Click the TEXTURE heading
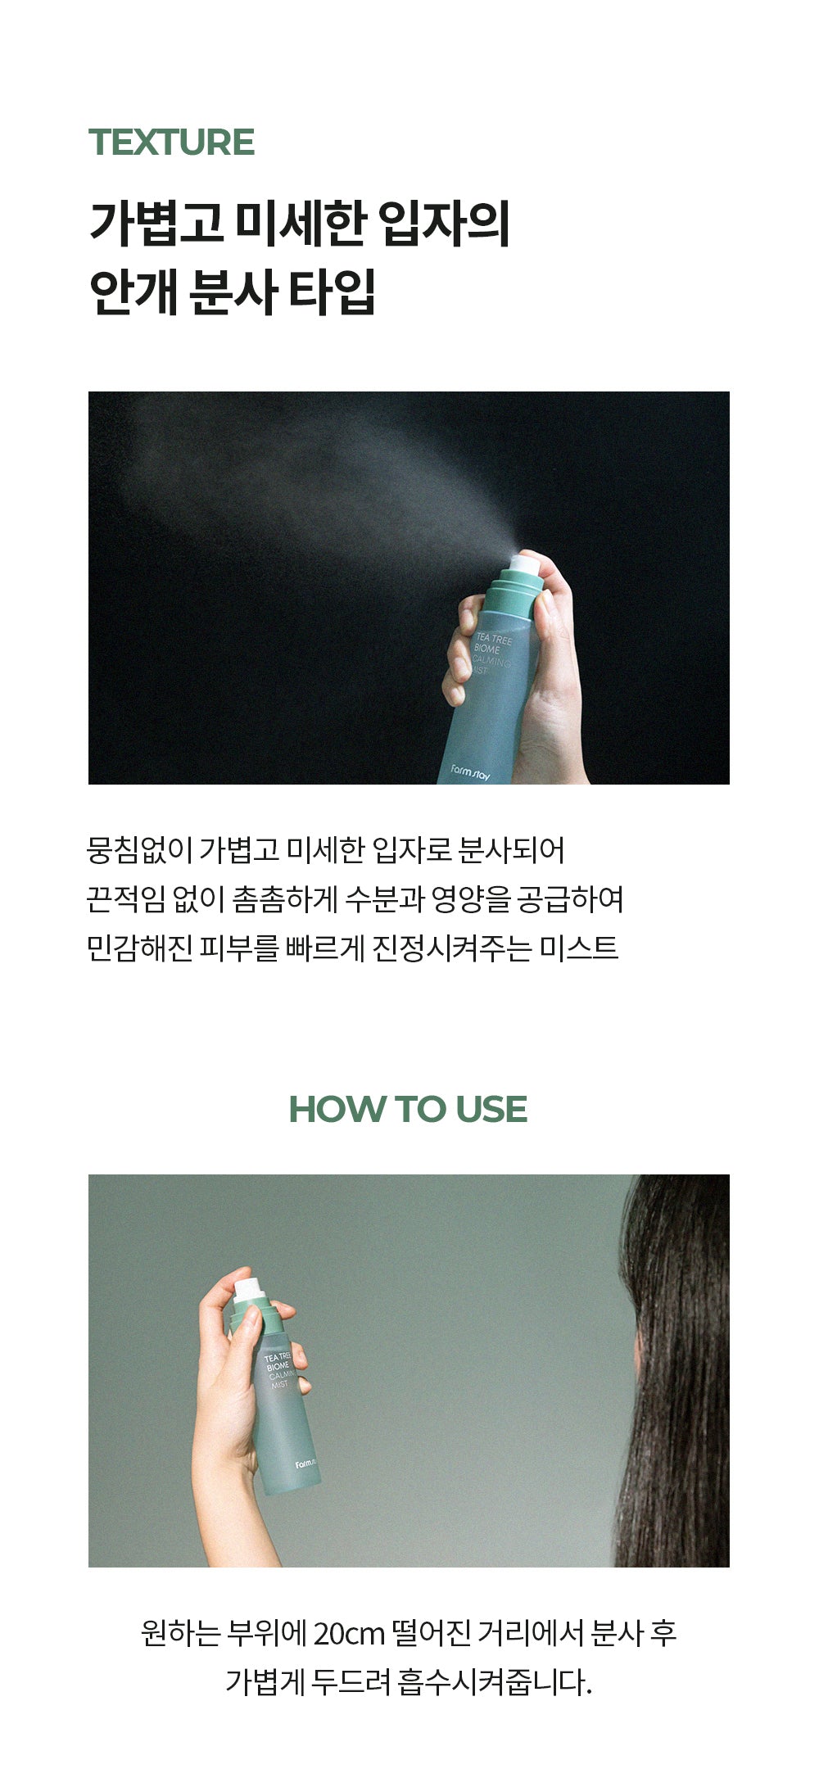tap(171, 142)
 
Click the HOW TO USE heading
tap(408, 1109)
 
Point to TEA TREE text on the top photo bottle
tap(494, 638)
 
